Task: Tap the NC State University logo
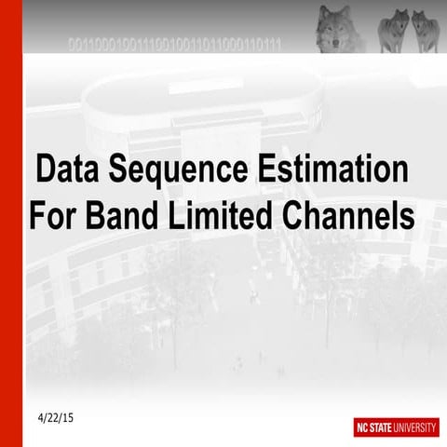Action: point(396,427)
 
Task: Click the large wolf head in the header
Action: point(334,28)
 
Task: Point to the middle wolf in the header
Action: point(393,31)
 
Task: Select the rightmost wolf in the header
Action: point(425,31)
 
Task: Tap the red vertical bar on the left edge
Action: point(10,223)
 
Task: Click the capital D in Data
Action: point(46,171)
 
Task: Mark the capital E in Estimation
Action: point(263,171)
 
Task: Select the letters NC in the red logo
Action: point(363,427)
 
